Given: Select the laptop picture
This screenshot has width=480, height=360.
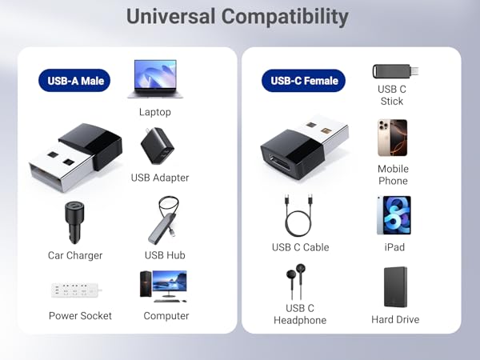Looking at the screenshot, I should (x=155, y=79).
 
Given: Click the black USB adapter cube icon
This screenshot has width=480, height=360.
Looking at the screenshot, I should (x=157, y=146).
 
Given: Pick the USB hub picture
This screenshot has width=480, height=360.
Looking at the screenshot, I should (x=166, y=222).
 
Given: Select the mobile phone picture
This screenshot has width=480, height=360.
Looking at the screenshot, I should (x=393, y=138).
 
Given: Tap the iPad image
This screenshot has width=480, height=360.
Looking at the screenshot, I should (x=393, y=215).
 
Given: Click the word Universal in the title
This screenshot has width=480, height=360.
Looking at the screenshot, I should (x=170, y=16).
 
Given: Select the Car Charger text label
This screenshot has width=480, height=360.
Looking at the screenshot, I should (x=75, y=255).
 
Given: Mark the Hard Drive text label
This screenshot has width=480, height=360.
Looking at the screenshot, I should (x=395, y=319).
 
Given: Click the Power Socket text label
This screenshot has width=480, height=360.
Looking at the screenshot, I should (x=80, y=315).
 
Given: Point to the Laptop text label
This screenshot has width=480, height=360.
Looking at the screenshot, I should (x=155, y=112).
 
